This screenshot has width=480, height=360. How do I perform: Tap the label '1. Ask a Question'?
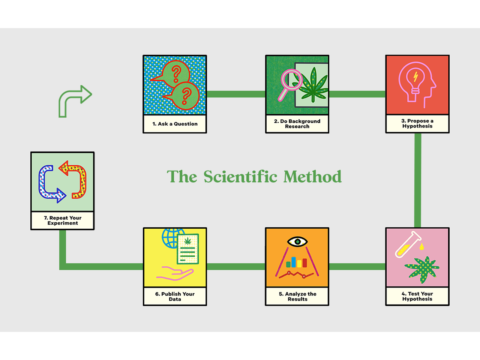[x=175, y=124]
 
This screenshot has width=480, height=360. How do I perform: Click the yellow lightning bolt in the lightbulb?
[x=415, y=76]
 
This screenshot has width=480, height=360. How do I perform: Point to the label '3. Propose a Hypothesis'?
[x=417, y=123]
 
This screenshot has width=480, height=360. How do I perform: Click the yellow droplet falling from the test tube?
[x=422, y=246]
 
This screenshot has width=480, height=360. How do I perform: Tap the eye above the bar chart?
[x=297, y=241]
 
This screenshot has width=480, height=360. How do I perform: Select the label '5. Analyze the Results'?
[x=297, y=297]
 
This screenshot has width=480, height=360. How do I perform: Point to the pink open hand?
[x=175, y=273]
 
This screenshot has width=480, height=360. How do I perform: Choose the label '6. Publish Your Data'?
[x=175, y=297]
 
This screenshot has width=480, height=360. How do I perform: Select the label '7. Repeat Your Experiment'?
[x=63, y=220]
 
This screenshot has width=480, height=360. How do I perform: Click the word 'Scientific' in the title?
[x=240, y=177]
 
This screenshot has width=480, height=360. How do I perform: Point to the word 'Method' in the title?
[x=312, y=177]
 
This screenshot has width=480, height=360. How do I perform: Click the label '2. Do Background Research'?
[x=297, y=124]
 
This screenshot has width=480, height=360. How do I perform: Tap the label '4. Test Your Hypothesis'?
[x=417, y=296]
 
